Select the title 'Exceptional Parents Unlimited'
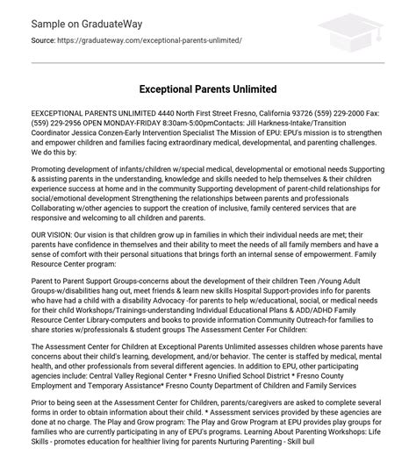pos(208,89)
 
